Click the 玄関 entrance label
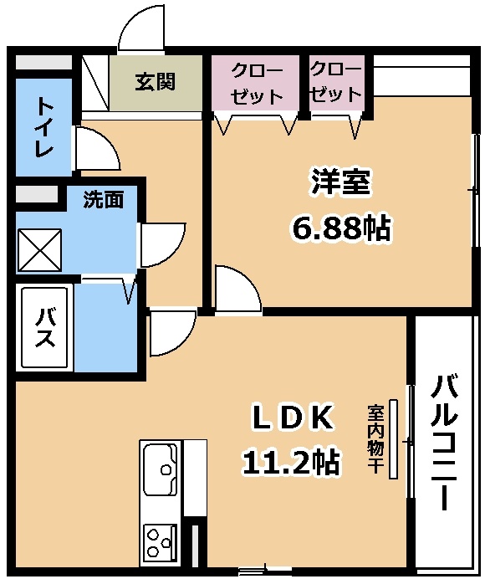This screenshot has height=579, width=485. (x=156, y=82)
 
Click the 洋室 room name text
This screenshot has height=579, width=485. (x=340, y=182)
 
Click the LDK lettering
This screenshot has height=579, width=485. (x=294, y=416)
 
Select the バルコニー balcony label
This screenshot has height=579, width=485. (x=446, y=443)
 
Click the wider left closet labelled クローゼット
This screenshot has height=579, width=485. (x=254, y=83)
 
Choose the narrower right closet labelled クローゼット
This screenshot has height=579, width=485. (x=335, y=82)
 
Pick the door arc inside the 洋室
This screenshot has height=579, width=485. (x=237, y=287)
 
